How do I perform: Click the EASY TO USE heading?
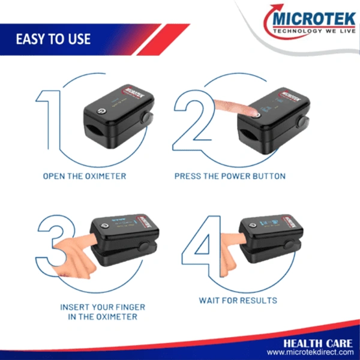click(x=53, y=39)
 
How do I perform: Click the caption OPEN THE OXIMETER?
click(x=85, y=176)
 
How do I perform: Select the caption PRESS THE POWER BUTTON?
click(x=230, y=176)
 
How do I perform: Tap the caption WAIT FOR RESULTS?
click(x=238, y=300)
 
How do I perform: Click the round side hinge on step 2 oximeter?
click(x=302, y=122)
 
